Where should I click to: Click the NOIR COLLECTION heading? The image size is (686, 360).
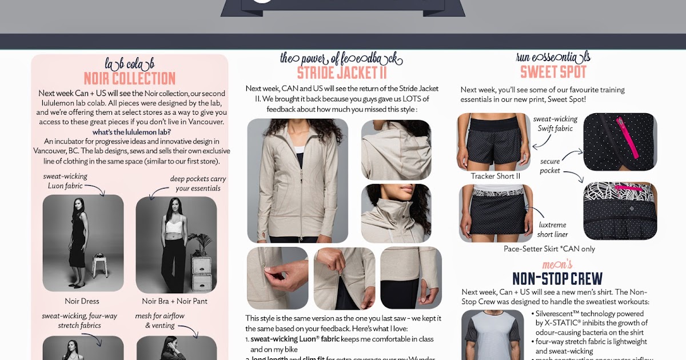tap(130, 78)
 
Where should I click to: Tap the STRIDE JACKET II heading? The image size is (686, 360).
tap(342, 73)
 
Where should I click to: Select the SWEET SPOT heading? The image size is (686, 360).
tap(553, 72)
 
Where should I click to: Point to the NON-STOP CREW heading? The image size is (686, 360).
tap(557, 278)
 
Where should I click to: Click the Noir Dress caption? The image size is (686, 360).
tap(82, 301)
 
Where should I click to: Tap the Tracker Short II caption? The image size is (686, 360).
tap(495, 176)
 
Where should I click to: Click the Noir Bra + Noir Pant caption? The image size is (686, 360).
tap(175, 301)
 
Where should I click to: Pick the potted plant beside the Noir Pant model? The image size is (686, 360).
tap(200, 245)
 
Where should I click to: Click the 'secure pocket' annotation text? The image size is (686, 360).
tap(551, 166)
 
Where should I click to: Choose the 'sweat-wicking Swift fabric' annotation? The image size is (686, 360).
tap(555, 124)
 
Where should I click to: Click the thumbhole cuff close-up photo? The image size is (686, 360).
tap(410, 278)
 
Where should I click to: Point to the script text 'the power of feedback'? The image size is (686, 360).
tap(341, 58)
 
